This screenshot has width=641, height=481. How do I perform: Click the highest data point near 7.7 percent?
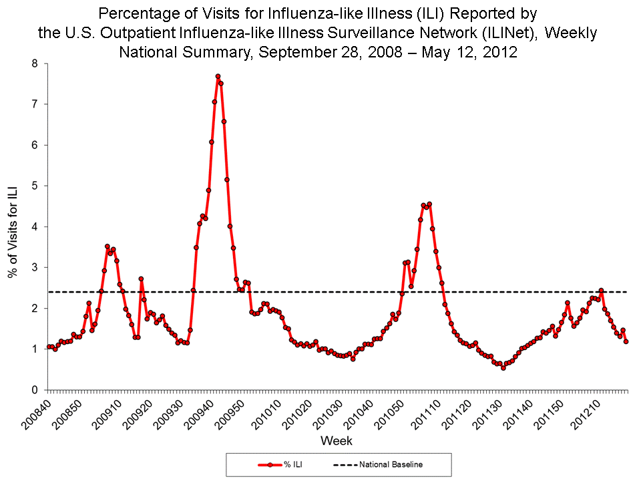[x=218, y=76]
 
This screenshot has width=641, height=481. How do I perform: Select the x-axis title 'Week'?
[x=337, y=441]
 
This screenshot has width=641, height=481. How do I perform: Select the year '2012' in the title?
[x=501, y=52]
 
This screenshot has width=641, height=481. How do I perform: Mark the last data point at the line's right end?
[x=626, y=341]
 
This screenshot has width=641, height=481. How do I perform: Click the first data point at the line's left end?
[x=48, y=347]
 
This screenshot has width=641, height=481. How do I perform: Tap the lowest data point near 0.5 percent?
[x=503, y=367]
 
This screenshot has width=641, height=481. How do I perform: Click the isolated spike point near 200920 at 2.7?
[x=141, y=279]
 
